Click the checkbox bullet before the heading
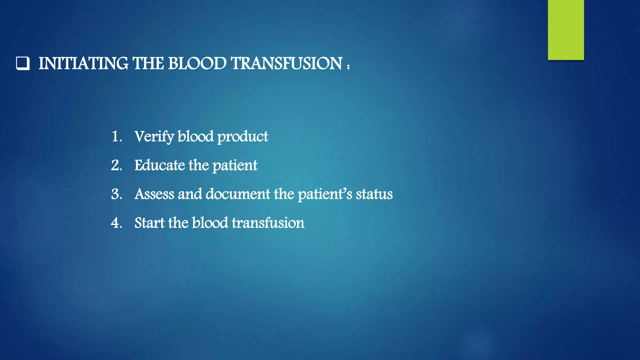pyautogui.click(x=23, y=63)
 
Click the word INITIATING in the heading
pyautogui.click(x=83, y=63)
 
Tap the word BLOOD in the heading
pyautogui.click(x=197, y=63)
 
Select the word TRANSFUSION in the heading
pyautogui.click(x=287, y=63)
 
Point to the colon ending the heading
pyautogui.click(x=348, y=66)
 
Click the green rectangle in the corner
pyautogui.click(x=566, y=30)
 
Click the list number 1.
pyautogui.click(x=117, y=137)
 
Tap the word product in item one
pyautogui.click(x=242, y=137)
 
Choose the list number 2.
pyautogui.click(x=117, y=165)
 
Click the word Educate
pyautogui.click(x=159, y=165)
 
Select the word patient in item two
pyautogui.click(x=235, y=166)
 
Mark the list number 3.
pyautogui.click(x=117, y=194)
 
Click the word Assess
pyautogui.click(x=154, y=194)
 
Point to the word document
pyautogui.click(x=238, y=194)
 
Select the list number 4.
pyautogui.click(x=117, y=223)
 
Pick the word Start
pyautogui.click(x=149, y=223)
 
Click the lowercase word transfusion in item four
pyautogui.click(x=268, y=223)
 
